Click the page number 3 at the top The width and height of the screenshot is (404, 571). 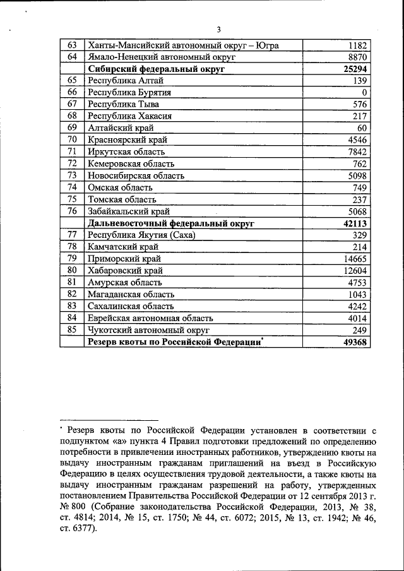click(218, 30)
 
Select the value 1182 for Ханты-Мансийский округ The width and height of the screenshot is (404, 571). click(357, 45)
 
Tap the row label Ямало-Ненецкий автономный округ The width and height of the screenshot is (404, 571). click(162, 57)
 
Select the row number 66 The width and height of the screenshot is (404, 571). click(72, 92)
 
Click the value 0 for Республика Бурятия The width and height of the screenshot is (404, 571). click(364, 93)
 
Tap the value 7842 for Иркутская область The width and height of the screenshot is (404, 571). click(357, 151)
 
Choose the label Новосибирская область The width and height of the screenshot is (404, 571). click(136, 175)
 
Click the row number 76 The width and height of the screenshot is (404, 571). click(72, 211)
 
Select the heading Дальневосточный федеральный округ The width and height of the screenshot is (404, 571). click(170, 223)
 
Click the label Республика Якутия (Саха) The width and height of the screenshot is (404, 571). click(142, 235)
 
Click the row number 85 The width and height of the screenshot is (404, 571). click(72, 329)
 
